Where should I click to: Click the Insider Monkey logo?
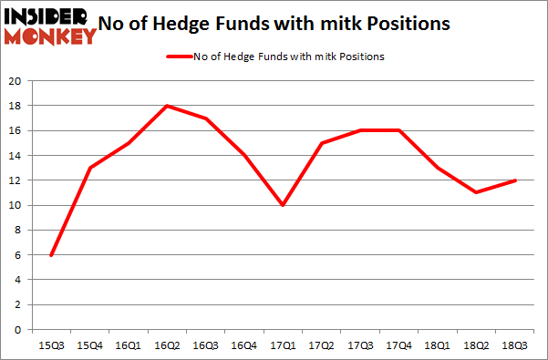[51, 25]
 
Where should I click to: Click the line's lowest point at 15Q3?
[51, 254]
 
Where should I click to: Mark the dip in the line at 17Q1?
[284, 205]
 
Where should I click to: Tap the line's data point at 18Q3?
[516, 180]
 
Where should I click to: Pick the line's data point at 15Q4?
[89, 168]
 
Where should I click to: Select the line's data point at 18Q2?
[477, 192]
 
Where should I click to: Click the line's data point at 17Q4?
[399, 130]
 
